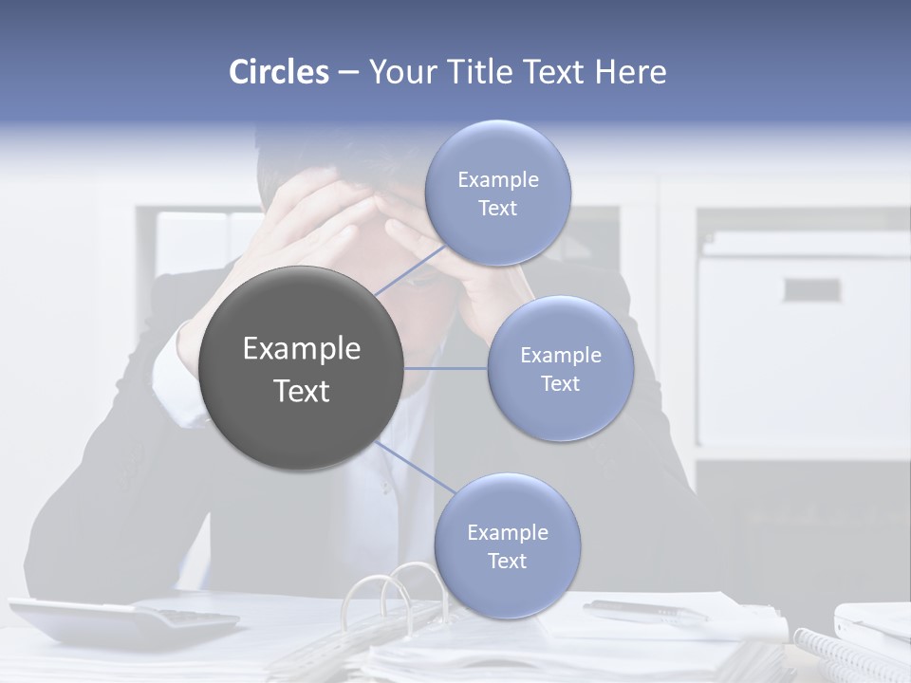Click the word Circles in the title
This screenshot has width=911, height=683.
[278, 72]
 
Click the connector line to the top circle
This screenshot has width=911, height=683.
[410, 270]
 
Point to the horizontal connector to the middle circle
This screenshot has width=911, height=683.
[446, 368]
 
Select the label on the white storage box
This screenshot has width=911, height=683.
[811, 289]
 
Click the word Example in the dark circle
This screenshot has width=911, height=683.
[302, 349]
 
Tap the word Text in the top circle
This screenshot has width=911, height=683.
[497, 209]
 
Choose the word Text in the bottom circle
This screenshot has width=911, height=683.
[507, 562]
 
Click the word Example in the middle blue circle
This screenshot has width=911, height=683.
[560, 356]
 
